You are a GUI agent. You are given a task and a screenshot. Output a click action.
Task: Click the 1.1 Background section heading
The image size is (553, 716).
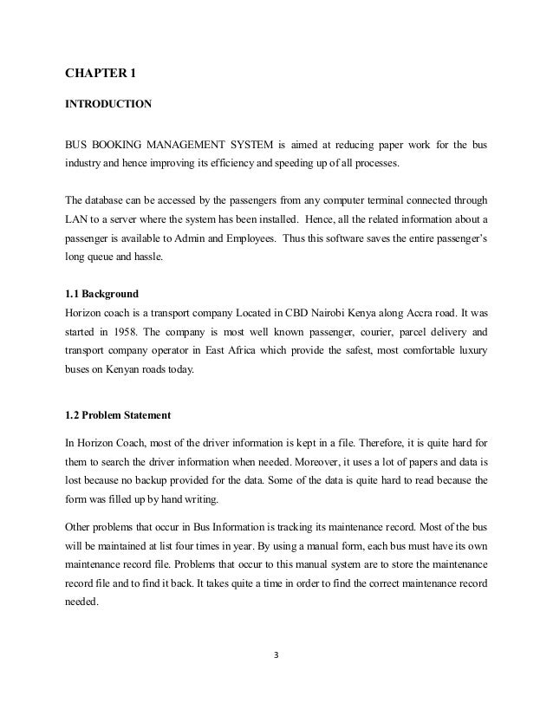[x=95, y=294]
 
